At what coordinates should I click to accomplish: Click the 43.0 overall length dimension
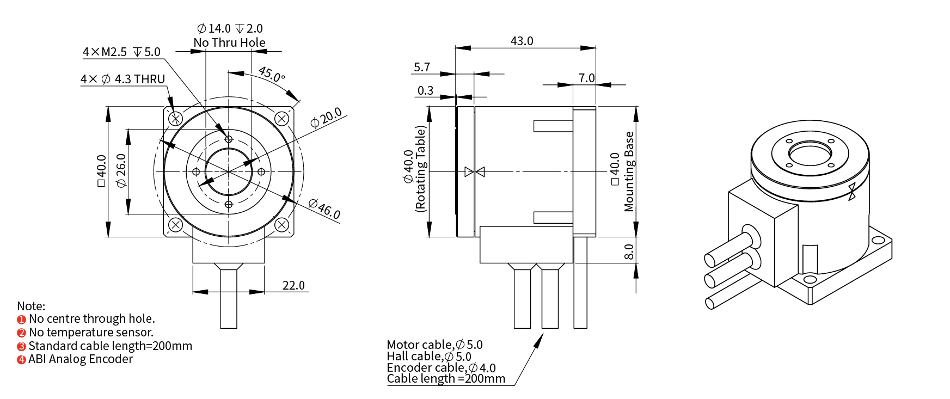click(x=522, y=41)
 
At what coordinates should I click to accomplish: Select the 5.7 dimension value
click(x=422, y=67)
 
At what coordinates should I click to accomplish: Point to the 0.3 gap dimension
click(x=425, y=91)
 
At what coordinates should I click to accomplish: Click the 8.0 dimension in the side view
click(x=629, y=252)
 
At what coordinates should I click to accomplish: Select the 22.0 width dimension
click(x=293, y=286)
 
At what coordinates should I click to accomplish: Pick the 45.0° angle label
click(x=271, y=74)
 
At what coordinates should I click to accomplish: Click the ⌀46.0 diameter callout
click(x=324, y=209)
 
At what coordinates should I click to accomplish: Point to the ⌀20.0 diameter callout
click(x=326, y=118)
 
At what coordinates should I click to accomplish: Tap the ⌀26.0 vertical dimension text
click(x=121, y=171)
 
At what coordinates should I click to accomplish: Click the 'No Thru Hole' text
click(x=229, y=43)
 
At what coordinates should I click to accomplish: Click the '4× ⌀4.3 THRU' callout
click(x=122, y=79)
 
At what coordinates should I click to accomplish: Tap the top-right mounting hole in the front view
click(x=281, y=119)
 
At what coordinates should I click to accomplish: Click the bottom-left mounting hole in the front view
click(x=175, y=224)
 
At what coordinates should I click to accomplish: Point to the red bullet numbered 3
click(x=21, y=346)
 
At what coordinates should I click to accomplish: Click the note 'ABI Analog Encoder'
click(x=81, y=359)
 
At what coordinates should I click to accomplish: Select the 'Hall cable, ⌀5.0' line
click(x=429, y=357)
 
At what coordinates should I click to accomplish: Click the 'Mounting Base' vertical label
click(x=629, y=171)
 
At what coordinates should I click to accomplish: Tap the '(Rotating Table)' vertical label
click(x=420, y=169)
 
